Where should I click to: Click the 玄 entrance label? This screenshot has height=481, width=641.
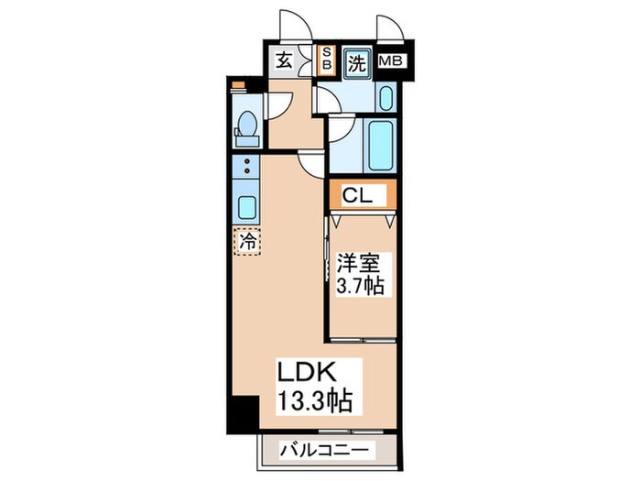click(284, 62)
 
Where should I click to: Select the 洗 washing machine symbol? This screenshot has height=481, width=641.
click(357, 63)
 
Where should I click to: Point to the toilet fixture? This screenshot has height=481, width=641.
click(245, 128)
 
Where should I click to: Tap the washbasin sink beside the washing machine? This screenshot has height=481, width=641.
click(384, 98)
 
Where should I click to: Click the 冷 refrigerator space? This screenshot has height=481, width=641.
click(246, 242)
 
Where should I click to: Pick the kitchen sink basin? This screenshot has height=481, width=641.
click(245, 203)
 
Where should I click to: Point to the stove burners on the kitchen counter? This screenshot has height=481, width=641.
click(245, 168)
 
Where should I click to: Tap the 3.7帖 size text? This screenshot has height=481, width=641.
click(360, 286)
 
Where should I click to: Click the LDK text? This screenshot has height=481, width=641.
click(310, 373)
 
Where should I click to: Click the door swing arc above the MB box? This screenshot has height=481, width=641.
click(385, 27)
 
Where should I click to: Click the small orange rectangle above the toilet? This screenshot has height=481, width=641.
click(238, 86)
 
